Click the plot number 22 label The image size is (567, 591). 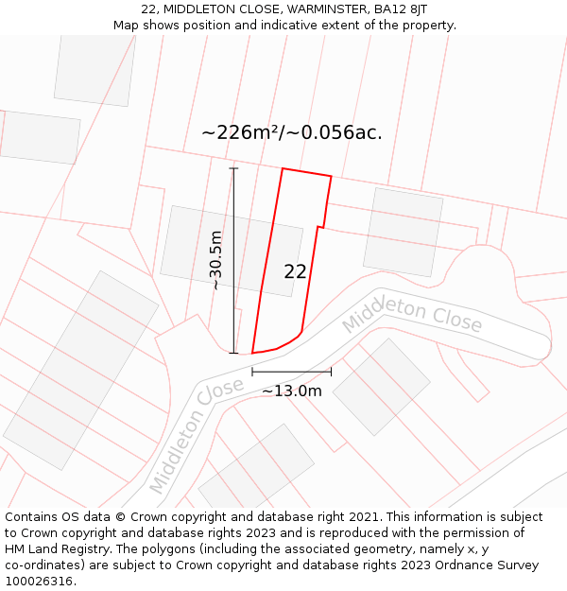[x=295, y=271]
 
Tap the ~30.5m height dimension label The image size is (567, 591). [x=215, y=260]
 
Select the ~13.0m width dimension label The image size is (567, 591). [x=291, y=391]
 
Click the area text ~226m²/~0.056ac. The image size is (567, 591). [x=291, y=132]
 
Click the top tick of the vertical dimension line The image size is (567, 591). [x=233, y=168]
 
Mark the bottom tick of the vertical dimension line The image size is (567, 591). [x=233, y=353]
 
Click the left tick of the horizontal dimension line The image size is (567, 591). [x=252, y=372]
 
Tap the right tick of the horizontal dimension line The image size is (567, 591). [x=331, y=372]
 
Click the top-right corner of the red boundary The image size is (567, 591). [x=331, y=176]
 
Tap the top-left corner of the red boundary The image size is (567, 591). [x=283, y=168]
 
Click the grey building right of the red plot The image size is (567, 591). [x=404, y=232]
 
